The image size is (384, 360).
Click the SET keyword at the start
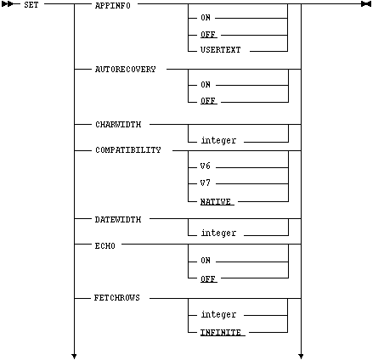click(31, 5)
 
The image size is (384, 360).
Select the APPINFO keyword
click(113, 6)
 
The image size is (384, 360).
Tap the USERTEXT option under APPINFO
click(220, 50)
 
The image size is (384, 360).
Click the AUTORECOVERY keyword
click(126, 70)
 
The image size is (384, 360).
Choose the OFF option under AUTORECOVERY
click(208, 101)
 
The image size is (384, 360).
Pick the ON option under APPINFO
click(206, 18)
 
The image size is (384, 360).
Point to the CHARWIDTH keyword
click(118, 125)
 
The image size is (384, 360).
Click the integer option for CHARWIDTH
click(218, 140)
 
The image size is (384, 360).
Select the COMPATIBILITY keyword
click(128, 150)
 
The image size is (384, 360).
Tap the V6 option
click(206, 166)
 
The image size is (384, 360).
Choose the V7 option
click(206, 183)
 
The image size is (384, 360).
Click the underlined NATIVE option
click(216, 202)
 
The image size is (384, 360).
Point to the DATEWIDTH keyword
click(118, 220)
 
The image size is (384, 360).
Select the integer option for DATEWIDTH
click(218, 233)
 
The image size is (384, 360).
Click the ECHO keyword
click(104, 245)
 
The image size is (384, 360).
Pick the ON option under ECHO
click(206, 261)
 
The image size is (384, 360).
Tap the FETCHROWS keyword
click(117, 298)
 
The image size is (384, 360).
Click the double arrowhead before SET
click(7, 4)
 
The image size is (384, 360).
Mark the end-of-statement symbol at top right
click(366, 4)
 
